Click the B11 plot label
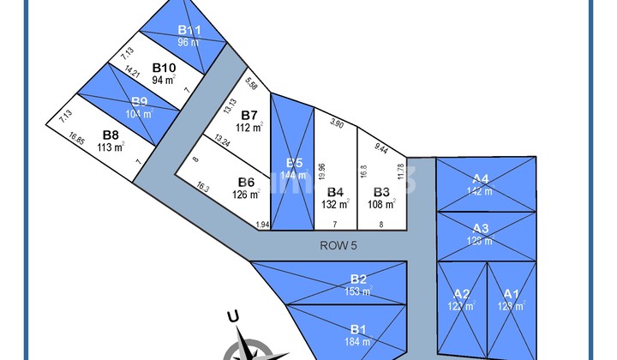click(x=189, y=30)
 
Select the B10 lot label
click(x=165, y=67)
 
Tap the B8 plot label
click(x=110, y=134)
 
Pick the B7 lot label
click(x=249, y=115)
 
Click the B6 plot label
click(x=246, y=181)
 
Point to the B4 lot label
click(x=336, y=191)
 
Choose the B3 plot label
click(x=382, y=191)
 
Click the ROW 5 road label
click(x=338, y=244)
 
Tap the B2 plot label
click(x=358, y=279)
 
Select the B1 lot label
click(x=358, y=328)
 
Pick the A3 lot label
click(x=481, y=228)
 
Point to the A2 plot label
click(x=461, y=292)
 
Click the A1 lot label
click(x=511, y=292)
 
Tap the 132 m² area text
click(x=336, y=204)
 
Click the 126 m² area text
click(x=246, y=194)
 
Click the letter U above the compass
click(x=232, y=317)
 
